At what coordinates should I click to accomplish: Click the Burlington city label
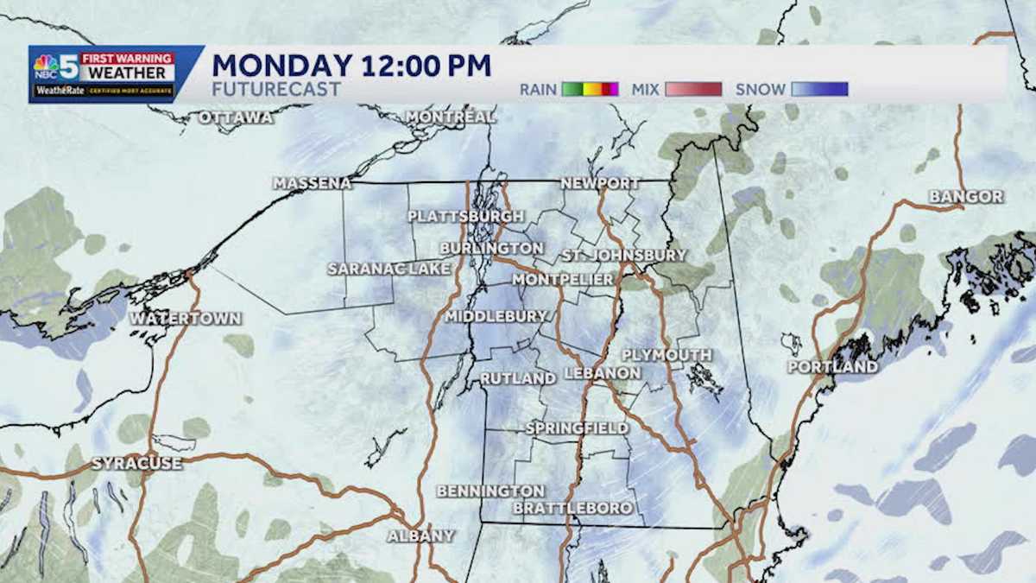pyautogui.click(x=491, y=248)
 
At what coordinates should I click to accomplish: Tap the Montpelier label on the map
pyautogui.click(x=563, y=280)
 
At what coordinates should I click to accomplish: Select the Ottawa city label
pyautogui.click(x=236, y=117)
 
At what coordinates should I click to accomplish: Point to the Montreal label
pyautogui.click(x=451, y=117)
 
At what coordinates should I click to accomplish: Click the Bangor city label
pyautogui.click(x=966, y=197)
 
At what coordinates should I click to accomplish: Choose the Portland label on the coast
pyautogui.click(x=832, y=367)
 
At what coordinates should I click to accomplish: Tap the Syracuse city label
pyautogui.click(x=136, y=464)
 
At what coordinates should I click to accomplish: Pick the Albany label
pyautogui.click(x=420, y=535)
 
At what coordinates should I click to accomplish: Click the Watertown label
pyautogui.click(x=186, y=319)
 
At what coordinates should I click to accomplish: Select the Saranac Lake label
pyautogui.click(x=389, y=269)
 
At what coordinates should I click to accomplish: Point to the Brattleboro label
pyautogui.click(x=573, y=508)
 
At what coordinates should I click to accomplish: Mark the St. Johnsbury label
pyautogui.click(x=623, y=255)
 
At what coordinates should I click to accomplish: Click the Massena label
pyautogui.click(x=313, y=183)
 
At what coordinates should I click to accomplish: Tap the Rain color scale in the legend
pyautogui.click(x=591, y=89)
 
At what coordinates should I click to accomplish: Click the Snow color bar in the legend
pyautogui.click(x=819, y=89)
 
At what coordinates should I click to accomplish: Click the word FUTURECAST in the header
pyautogui.click(x=276, y=89)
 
